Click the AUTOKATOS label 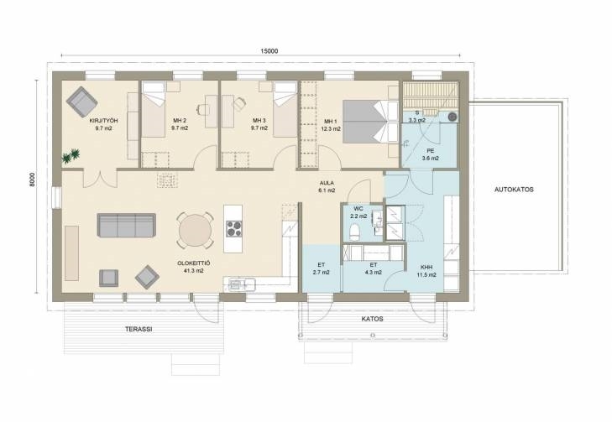pos(514,190)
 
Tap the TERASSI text pos(139,329)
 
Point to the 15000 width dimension pos(269,51)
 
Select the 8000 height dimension pos(32,180)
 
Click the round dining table pos(195,231)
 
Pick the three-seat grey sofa pos(127,225)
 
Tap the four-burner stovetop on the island pos(233,228)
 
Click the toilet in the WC pos(354,232)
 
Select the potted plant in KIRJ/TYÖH pos(71,155)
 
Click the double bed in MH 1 pos(370,122)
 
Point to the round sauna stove pos(452,117)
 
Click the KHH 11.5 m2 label pos(426,271)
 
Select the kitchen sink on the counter pos(235,284)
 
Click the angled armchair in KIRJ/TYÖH pos(81,102)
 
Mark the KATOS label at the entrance pos(373,319)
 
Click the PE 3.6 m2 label pos(430,154)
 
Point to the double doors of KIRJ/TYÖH pos(100,179)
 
